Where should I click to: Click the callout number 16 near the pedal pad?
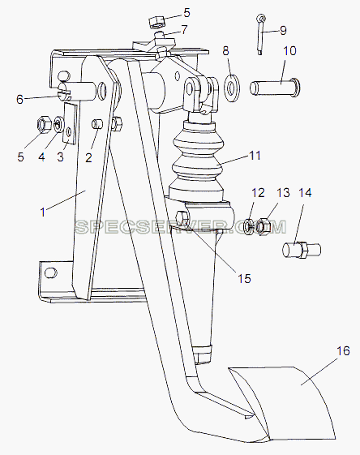343,351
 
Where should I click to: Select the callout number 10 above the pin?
289,51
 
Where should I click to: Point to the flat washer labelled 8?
232,88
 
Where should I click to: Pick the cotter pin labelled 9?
261,34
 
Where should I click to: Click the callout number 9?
283,31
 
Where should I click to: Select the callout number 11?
255,156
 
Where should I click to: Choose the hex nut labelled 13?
264,226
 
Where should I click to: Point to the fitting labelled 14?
302,250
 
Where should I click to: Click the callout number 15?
244,279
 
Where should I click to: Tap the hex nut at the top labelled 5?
156,22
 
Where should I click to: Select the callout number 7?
184,30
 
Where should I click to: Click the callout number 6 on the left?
19,100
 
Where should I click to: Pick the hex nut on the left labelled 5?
44,124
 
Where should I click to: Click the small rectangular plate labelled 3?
70,123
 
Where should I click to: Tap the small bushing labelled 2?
98,124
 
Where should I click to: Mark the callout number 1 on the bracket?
43,212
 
